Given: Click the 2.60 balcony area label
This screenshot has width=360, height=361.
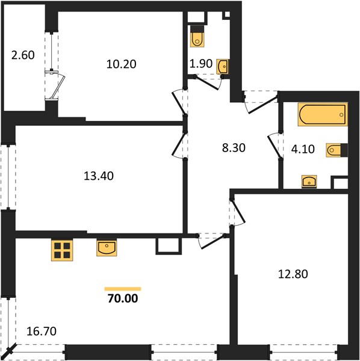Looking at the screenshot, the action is pos(23,55).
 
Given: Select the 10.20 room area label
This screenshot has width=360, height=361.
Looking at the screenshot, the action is pos(122,64).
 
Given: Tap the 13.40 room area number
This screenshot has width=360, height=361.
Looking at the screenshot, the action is pos(99,176).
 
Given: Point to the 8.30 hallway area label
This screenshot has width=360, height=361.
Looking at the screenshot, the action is pos(234,148).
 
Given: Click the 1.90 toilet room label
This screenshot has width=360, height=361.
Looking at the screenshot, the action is pos(201,64).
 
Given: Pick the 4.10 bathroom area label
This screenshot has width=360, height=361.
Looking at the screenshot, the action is pos(303,149).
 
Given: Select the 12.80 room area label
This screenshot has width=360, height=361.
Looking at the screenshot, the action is pos(293,274).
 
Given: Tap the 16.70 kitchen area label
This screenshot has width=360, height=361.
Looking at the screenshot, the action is pos(42,332).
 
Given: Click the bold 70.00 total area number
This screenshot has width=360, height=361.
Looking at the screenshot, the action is pos(123,298).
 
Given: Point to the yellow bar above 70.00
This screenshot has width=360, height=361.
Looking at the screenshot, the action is pos(123,289).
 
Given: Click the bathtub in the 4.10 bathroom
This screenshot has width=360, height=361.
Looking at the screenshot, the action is pos(323,114).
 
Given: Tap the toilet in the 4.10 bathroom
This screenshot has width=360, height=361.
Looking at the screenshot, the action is pos(337,150).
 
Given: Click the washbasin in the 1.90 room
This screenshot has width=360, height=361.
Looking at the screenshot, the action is pos(223,67).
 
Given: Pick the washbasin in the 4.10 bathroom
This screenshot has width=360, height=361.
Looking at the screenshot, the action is pos(309,182).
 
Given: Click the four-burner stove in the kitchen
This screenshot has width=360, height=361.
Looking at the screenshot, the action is pos(62,250).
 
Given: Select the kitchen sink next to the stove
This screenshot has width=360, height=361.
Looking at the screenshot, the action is pos(107,248).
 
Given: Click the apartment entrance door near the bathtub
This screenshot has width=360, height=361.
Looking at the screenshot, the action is pos(261,103).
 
